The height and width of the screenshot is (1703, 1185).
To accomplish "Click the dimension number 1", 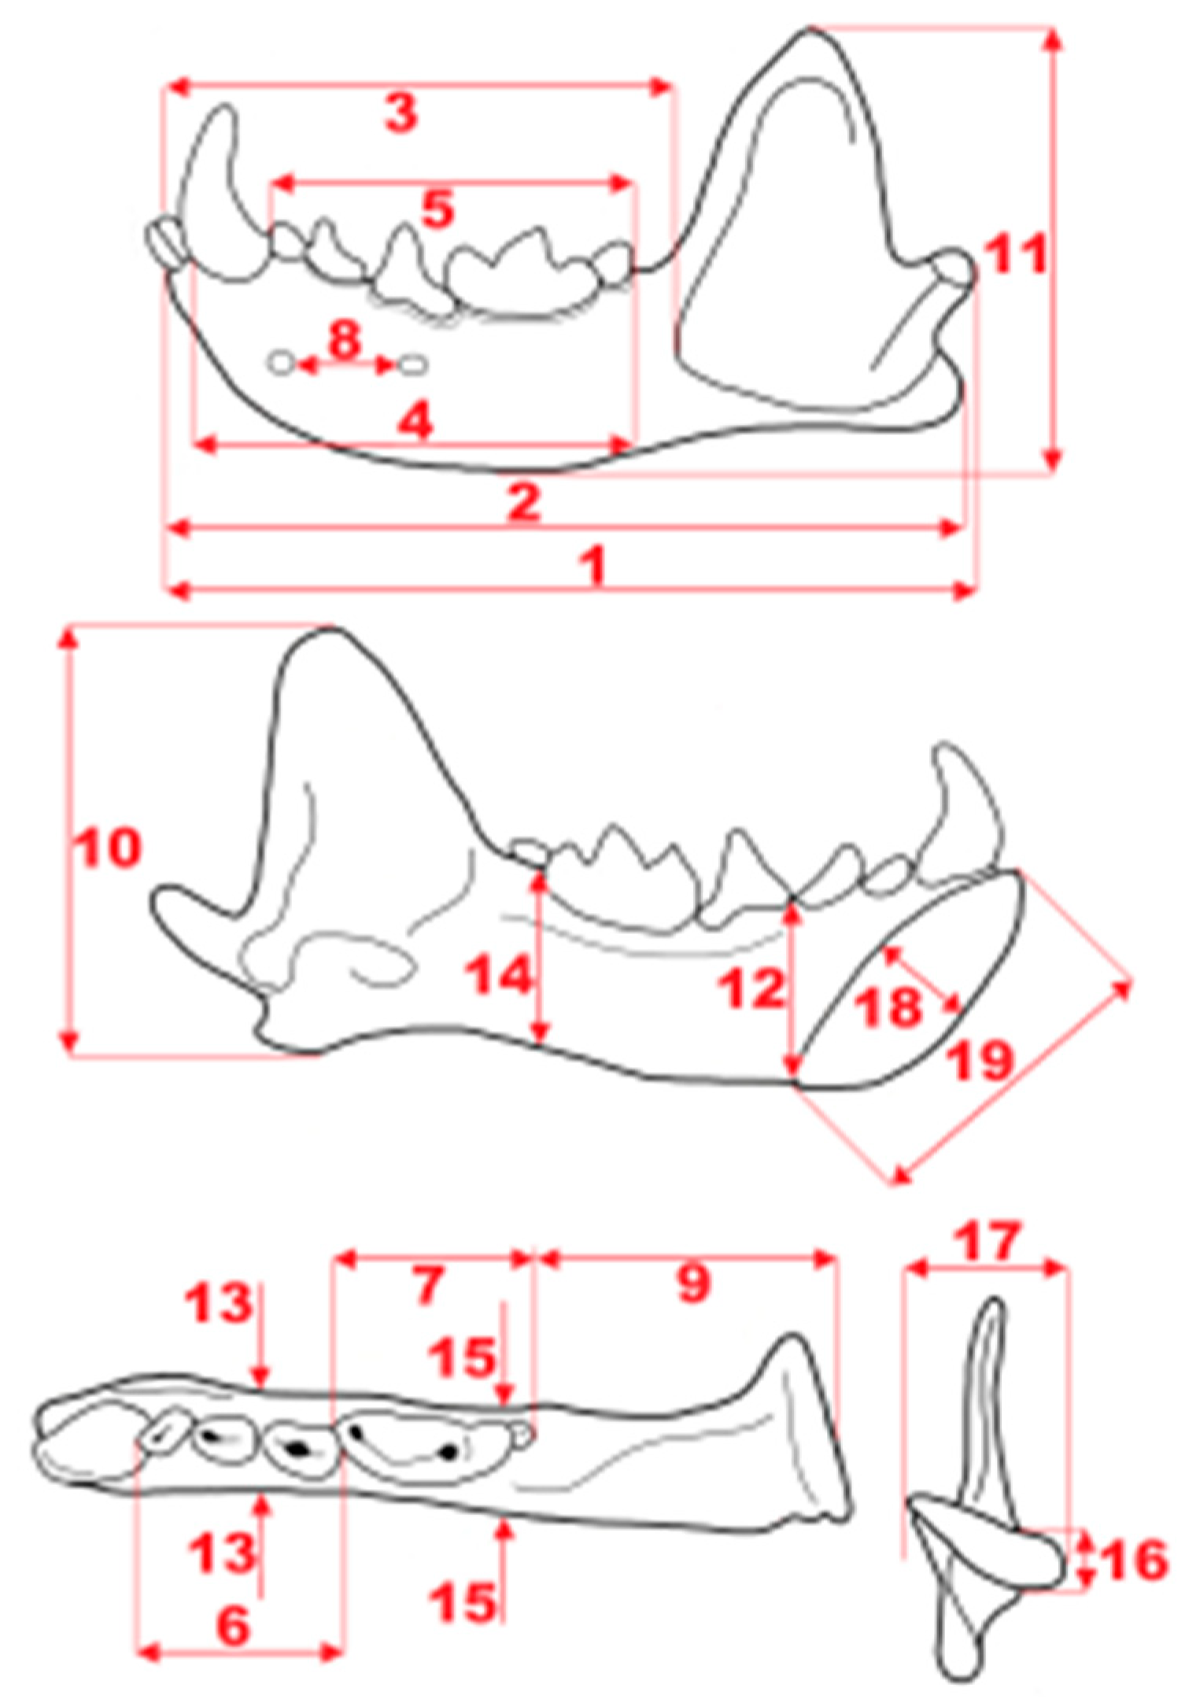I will [596, 564].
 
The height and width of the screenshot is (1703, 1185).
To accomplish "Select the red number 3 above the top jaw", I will [401, 113].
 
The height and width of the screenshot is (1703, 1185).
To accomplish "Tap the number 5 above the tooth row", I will [438, 209].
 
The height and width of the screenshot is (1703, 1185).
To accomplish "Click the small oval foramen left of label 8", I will [281, 363].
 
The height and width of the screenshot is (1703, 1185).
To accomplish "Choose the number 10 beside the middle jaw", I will [108, 848].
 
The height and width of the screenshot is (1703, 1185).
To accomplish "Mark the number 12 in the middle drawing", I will [752, 988].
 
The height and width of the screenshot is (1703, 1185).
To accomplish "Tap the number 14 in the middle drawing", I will [499, 976].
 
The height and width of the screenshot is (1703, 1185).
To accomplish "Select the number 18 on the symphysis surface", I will [888, 1006].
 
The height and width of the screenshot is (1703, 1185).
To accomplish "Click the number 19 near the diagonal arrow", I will [980, 1060].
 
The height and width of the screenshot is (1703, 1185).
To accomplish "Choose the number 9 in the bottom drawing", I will [692, 1283].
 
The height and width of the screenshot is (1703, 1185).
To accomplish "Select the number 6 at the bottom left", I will [234, 1624].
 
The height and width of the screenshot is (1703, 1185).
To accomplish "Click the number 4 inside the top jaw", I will [415, 422].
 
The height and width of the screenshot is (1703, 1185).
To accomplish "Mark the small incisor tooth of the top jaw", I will [167, 240].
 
